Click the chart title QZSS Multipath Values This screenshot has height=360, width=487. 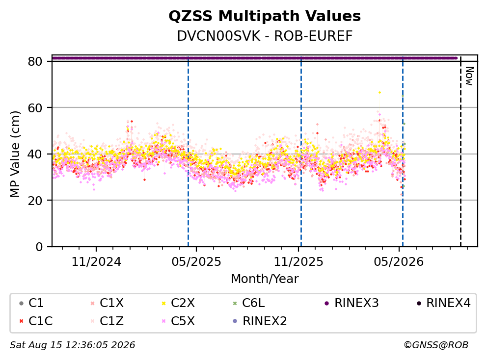[x=265, y=16]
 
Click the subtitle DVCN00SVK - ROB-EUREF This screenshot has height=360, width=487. [x=265, y=36]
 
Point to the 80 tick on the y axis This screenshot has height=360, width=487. [x=35, y=61]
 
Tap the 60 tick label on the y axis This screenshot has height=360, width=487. [x=35, y=108]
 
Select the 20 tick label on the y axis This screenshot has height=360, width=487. [x=35, y=201]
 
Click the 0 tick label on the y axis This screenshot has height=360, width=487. [x=39, y=247]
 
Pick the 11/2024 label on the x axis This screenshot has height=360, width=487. [x=96, y=262]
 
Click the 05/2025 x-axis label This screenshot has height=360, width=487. [x=196, y=262]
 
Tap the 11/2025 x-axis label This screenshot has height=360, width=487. [x=298, y=262]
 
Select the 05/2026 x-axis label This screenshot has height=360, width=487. [x=399, y=262]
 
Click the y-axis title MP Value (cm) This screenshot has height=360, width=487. [x=15, y=154]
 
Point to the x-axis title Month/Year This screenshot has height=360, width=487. [x=265, y=279]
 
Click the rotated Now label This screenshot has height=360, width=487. [x=469, y=77]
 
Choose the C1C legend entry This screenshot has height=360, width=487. [x=36, y=321]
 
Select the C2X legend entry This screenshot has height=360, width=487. [x=178, y=303]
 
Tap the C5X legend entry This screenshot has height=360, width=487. [x=178, y=321]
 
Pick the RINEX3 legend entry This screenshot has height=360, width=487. [x=352, y=303]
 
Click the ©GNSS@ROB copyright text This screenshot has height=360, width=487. [x=436, y=345]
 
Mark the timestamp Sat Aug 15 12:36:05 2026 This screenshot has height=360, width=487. [x=73, y=345]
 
